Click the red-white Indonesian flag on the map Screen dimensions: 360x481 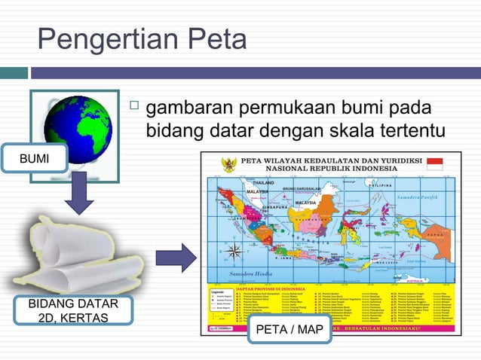[x=434, y=163]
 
